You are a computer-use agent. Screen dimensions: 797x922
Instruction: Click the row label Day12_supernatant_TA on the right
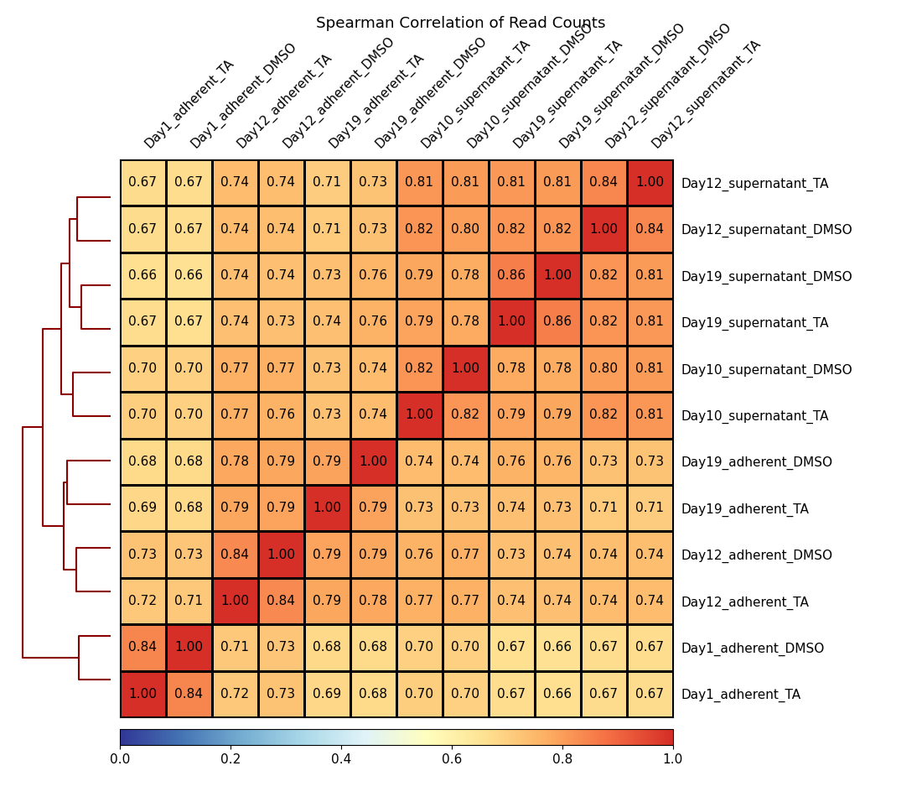click(754, 183)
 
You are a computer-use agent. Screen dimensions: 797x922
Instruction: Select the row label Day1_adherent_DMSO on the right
click(752, 649)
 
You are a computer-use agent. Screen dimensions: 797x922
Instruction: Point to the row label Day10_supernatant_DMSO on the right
click(766, 370)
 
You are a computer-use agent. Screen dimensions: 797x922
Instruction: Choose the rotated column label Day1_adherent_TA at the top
click(189, 104)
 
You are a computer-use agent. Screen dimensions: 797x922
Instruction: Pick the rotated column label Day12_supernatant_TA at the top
click(706, 94)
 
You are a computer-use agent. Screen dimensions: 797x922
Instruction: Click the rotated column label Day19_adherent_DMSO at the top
click(430, 93)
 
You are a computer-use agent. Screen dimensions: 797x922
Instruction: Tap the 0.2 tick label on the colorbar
click(230, 759)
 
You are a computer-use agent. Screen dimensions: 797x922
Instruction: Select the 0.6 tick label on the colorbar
click(452, 759)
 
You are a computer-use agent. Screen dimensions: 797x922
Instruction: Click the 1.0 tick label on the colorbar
click(672, 759)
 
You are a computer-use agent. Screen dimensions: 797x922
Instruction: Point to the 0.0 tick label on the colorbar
click(120, 759)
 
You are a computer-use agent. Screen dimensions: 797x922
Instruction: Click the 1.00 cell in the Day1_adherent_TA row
click(142, 694)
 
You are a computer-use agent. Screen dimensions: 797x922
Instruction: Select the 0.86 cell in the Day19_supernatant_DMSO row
click(511, 275)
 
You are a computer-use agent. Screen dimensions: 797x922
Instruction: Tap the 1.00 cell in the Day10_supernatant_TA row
click(419, 414)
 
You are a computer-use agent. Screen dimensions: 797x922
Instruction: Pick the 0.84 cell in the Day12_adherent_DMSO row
click(235, 554)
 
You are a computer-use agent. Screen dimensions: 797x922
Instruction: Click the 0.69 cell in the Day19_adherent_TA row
click(142, 508)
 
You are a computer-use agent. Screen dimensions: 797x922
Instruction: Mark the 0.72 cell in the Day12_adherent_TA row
click(142, 601)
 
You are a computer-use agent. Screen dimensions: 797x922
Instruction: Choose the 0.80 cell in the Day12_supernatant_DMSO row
click(465, 229)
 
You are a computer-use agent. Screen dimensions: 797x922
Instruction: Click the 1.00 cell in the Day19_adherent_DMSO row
click(373, 461)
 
